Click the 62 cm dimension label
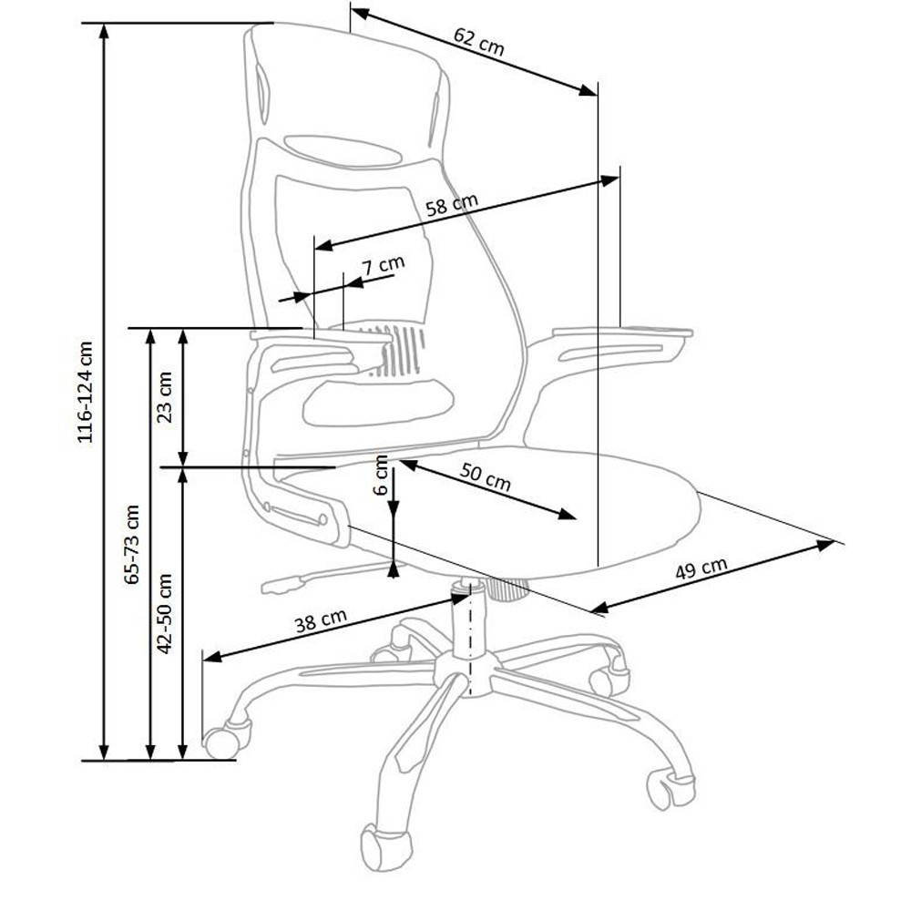pyautogui.click(x=479, y=42)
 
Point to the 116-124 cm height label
pyautogui.click(x=85, y=392)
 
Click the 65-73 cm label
pyautogui.click(x=132, y=545)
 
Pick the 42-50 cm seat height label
pyautogui.click(x=165, y=613)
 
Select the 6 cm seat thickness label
pyautogui.click(x=381, y=475)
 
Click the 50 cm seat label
pyautogui.click(x=486, y=476)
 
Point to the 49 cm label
pyautogui.click(x=701, y=569)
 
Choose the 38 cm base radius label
pyautogui.click(x=321, y=621)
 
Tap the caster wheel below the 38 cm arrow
pyautogui.click(x=225, y=738)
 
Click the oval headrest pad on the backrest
pyautogui.click(x=343, y=151)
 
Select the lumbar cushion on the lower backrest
pyautogui.click(x=378, y=402)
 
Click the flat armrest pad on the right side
pyautogui.click(x=622, y=333)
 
